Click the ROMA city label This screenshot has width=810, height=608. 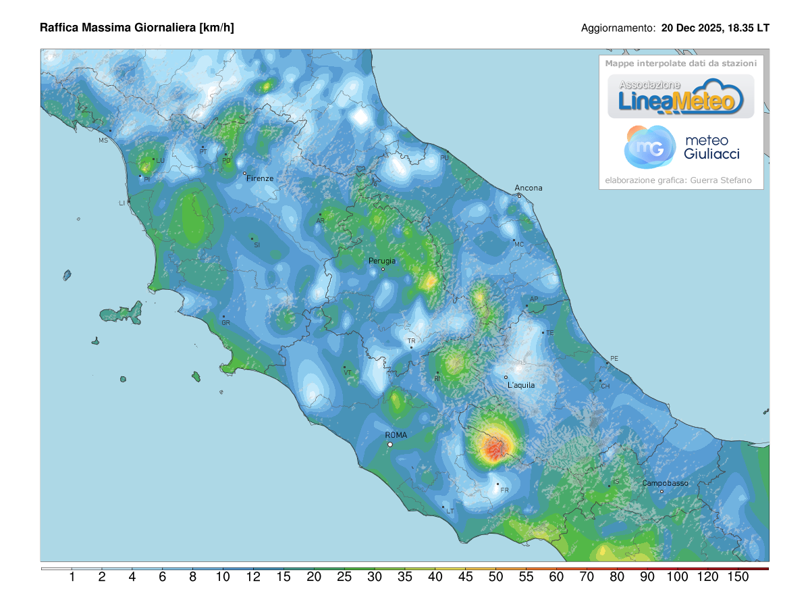(x=396, y=435)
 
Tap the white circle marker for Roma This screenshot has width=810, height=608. (x=390, y=445)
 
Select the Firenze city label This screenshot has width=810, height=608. (x=260, y=178)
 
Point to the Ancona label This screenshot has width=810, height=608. (x=529, y=188)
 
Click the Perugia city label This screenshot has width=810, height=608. (x=382, y=261)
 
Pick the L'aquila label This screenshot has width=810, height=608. (x=521, y=385)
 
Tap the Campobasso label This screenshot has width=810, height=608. (x=665, y=483)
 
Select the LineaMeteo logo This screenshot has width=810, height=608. (x=680, y=97)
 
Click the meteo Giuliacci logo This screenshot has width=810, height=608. (x=682, y=147)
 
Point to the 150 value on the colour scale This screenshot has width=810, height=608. (x=738, y=577)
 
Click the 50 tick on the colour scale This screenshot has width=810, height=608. (x=495, y=577)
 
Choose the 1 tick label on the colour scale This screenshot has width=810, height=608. (x=72, y=577)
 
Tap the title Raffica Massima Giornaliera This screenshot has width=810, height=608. (x=137, y=28)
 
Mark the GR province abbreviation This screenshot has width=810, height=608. (x=226, y=323)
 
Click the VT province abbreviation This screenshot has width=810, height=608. (x=348, y=373)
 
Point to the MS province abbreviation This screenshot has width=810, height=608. (x=103, y=141)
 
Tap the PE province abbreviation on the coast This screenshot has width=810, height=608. (x=614, y=358)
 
